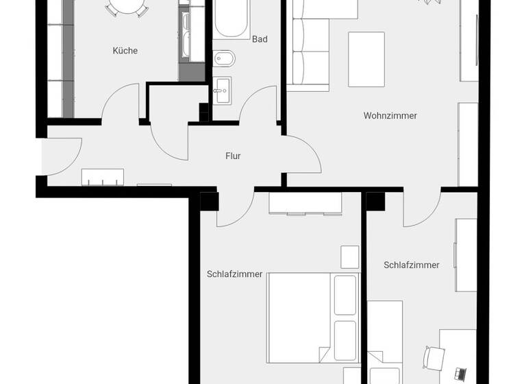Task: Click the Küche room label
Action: coord(125,51)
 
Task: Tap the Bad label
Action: coord(260,40)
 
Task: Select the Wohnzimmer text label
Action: coord(390,116)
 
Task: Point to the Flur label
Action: coord(233,156)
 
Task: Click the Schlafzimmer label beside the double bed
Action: coord(234,274)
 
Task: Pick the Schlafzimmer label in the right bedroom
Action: coord(412,265)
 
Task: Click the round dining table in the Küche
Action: coord(126,8)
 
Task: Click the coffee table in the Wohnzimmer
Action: coord(366,59)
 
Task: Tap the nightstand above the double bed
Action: coord(349,257)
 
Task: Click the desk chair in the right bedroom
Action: coord(434,358)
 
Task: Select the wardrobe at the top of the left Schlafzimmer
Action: coord(305,203)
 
